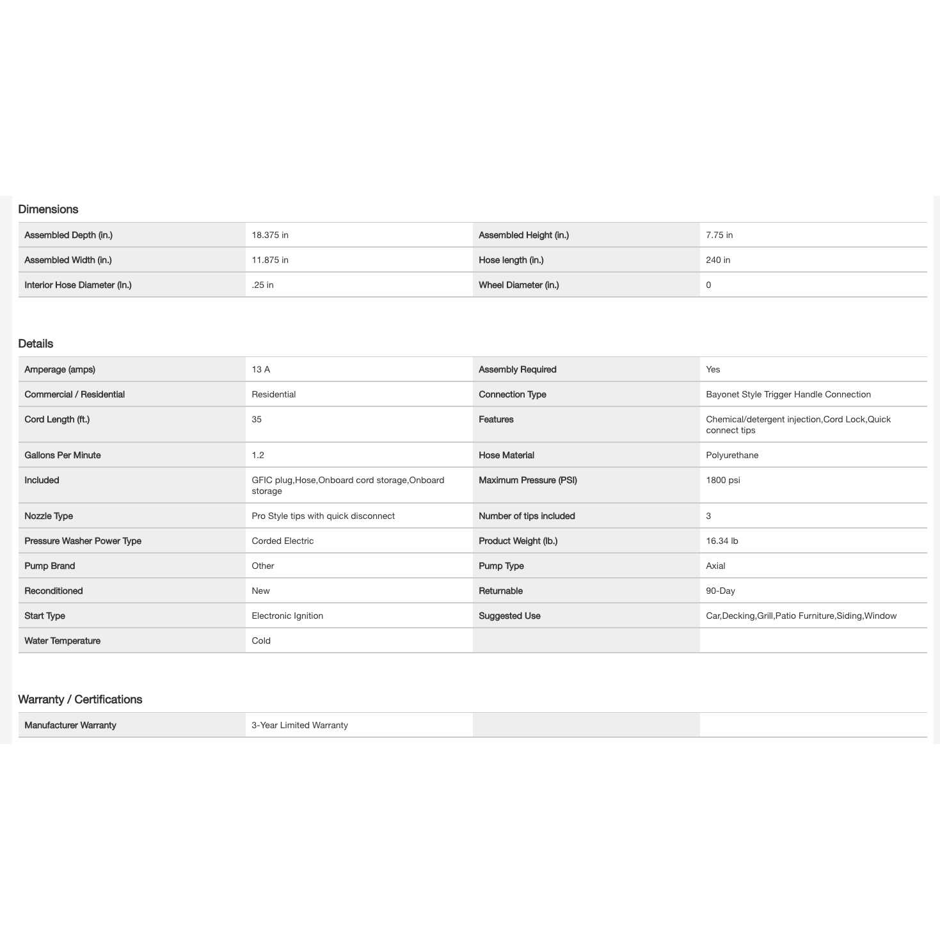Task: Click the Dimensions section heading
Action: pos(48,209)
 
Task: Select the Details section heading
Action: pos(36,344)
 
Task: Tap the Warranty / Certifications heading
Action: pos(80,699)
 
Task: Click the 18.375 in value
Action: pos(270,235)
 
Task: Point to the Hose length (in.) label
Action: pos(511,260)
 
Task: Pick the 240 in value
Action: pos(718,260)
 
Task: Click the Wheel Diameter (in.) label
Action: pos(519,285)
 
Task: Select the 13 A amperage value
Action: pos(261,369)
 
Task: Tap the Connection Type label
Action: pos(513,394)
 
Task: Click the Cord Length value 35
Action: pos(257,419)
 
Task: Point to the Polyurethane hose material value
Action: pos(732,455)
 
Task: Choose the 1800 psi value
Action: pos(723,480)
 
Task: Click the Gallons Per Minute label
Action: pos(63,455)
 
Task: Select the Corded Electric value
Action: pos(283,541)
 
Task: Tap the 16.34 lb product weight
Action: pos(722,541)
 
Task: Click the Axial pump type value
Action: pos(715,566)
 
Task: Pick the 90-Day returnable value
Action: pos(721,591)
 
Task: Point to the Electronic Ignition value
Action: pos(287,616)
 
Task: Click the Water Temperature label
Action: pos(63,641)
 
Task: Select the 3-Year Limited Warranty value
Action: pos(299,725)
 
